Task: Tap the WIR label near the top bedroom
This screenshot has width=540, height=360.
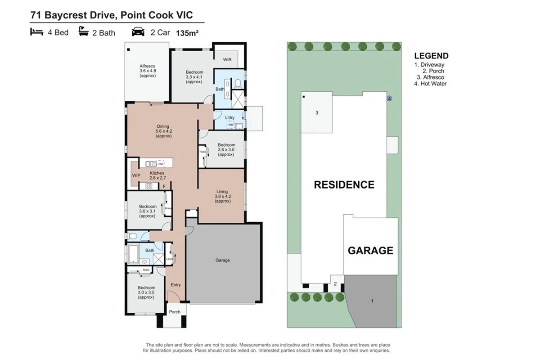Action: point(228,59)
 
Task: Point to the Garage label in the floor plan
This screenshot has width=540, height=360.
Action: point(223,260)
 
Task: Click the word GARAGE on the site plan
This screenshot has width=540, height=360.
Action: point(370,251)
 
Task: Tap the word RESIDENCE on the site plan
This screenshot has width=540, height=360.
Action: point(344,184)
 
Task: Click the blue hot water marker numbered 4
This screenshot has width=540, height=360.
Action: point(390,98)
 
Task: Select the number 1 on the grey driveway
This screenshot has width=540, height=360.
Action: point(372,301)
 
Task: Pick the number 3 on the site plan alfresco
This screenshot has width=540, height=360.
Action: point(317,113)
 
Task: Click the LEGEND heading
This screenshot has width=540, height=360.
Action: point(431,56)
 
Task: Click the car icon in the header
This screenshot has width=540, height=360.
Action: point(138,32)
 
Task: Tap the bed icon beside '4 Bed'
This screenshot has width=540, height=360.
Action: point(36,32)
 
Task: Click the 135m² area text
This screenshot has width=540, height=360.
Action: point(188,33)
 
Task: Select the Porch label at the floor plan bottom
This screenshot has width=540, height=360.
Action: point(175,312)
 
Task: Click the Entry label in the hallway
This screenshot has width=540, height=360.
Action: point(175,285)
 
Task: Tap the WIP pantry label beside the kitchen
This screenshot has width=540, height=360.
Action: point(136,175)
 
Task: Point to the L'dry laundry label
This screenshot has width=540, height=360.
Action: point(229,118)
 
